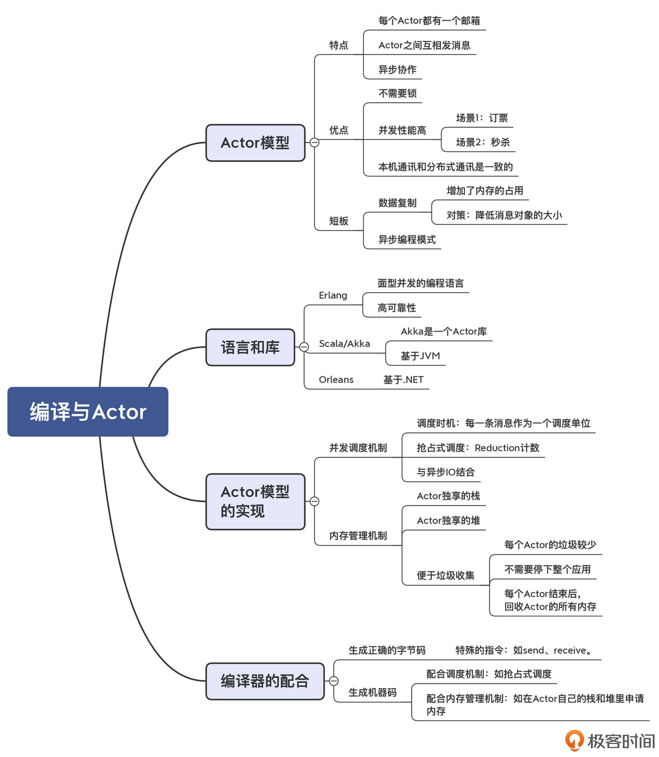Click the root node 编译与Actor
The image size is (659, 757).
[x=88, y=412]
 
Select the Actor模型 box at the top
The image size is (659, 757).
[x=255, y=143]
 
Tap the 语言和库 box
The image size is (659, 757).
[x=250, y=347]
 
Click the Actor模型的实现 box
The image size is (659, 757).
[x=255, y=501]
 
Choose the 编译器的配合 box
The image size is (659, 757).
[x=265, y=681]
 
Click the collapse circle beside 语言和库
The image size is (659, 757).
[x=304, y=347]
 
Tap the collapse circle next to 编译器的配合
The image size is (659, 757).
[x=334, y=681]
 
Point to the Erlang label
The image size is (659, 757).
[x=333, y=295]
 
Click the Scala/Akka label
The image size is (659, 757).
[x=344, y=343]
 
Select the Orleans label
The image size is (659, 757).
[x=336, y=380]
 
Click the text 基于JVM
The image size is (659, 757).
[x=420, y=356]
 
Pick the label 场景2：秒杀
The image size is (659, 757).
[x=482, y=142]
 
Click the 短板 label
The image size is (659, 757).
[x=338, y=221]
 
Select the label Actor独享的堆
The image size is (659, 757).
[x=448, y=520]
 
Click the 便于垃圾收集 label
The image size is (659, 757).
[x=445, y=575]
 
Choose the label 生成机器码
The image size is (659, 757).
[x=372, y=693]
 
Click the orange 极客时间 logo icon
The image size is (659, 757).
[x=574, y=740]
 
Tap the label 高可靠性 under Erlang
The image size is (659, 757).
[x=396, y=308]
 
